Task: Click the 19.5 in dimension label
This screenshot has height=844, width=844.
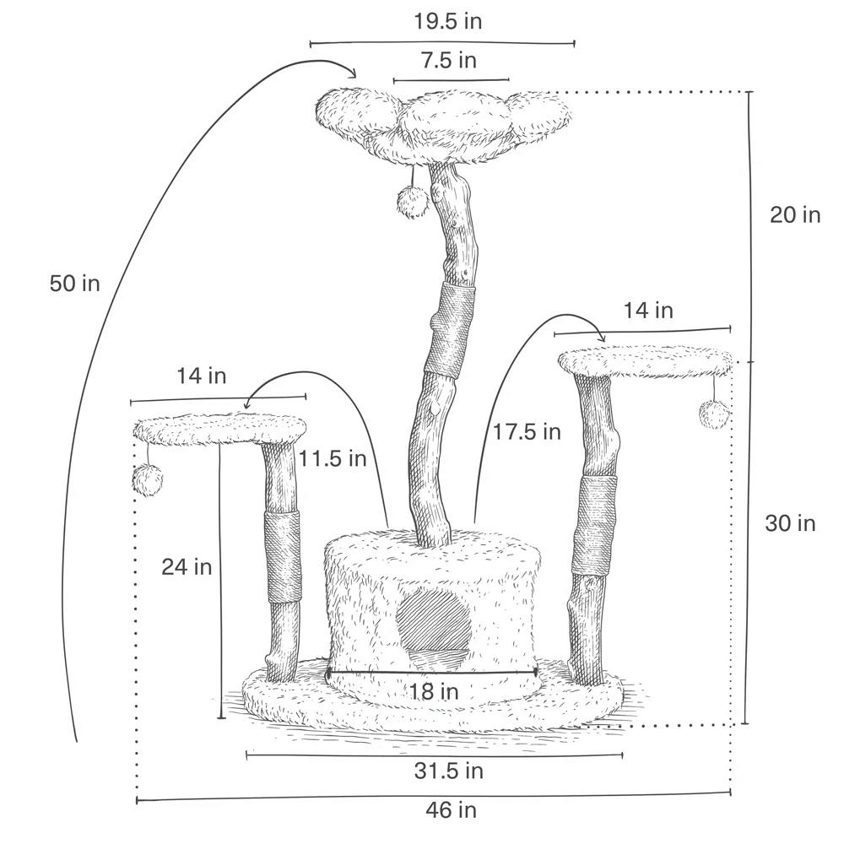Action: pos(447,22)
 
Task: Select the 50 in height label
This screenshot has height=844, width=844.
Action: pos(74,284)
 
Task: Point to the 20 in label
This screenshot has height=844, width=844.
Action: pos(794,215)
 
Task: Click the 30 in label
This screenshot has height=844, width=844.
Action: pos(790,523)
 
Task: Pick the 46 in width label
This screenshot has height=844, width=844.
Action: pos(450,811)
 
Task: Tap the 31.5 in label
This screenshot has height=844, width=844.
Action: pos(448,771)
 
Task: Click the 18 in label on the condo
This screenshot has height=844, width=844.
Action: pos(434,692)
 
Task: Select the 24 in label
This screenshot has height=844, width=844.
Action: pos(187,567)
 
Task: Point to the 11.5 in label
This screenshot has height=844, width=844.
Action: pos(333,458)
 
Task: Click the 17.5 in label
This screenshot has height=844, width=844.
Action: pos(527,432)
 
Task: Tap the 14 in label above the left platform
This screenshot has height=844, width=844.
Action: pos(202,376)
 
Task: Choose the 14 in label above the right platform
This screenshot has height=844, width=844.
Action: pos(648,311)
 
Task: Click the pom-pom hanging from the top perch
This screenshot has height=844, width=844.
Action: pos(412,203)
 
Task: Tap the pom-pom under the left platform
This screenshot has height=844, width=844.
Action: pos(148,480)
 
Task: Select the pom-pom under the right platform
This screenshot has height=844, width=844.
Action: pos(714,414)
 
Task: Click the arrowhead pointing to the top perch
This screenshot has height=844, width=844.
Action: pos(352,74)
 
